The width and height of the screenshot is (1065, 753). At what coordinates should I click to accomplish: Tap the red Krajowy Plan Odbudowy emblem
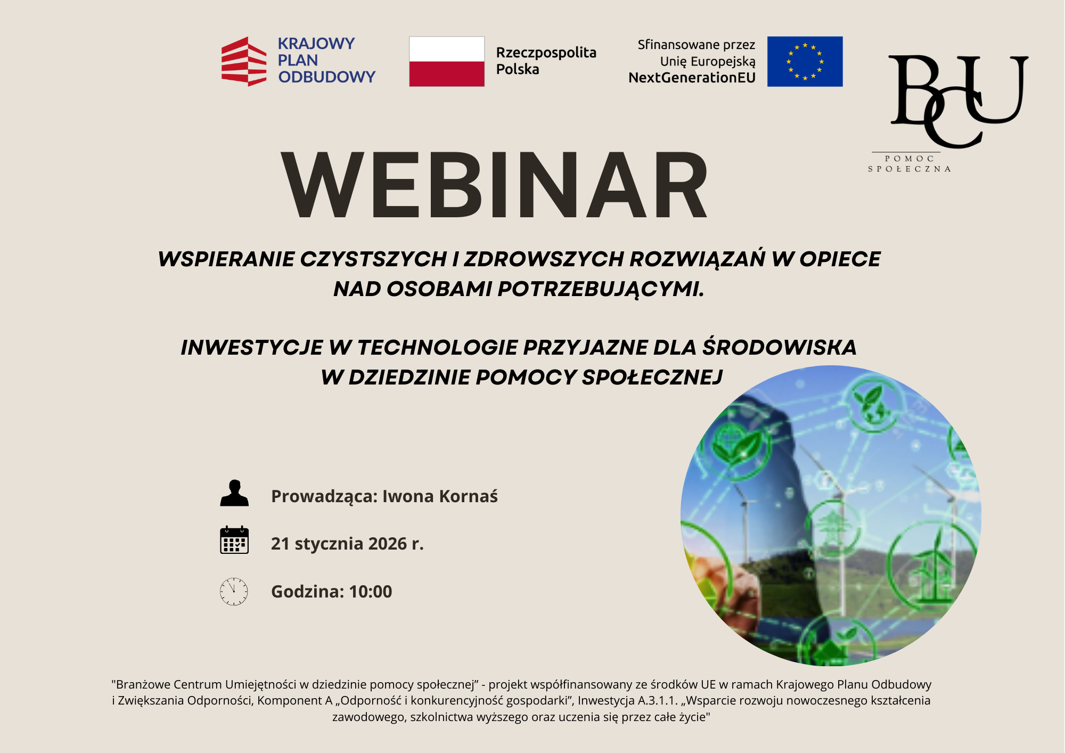point(244,61)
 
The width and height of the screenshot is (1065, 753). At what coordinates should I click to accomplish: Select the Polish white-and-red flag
point(447,61)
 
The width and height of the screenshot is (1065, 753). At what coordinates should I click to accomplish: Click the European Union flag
point(805,61)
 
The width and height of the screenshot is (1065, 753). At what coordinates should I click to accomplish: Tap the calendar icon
point(234,540)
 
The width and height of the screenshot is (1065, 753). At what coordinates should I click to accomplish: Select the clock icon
point(234,591)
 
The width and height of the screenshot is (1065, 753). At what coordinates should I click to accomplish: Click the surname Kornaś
point(469,496)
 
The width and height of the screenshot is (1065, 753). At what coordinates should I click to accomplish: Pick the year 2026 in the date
point(388,544)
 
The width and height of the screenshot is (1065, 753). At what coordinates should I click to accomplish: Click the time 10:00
point(371,592)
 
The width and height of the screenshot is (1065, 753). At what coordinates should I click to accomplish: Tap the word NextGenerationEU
point(692,78)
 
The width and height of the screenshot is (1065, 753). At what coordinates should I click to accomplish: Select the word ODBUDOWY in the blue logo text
point(327,77)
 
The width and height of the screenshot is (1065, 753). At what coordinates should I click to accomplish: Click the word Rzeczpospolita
point(546,53)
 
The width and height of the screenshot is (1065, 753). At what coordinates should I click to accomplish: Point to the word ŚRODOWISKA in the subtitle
point(780,347)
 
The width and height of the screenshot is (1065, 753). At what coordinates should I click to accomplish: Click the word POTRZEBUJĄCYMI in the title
point(601,289)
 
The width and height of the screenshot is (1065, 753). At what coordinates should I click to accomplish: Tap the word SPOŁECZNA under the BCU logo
point(910,169)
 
